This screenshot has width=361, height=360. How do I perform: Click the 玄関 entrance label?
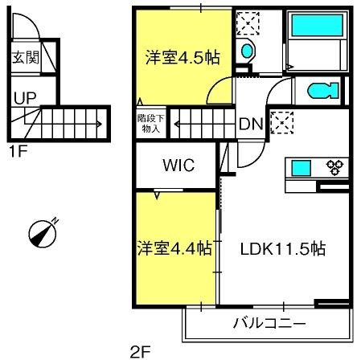26,57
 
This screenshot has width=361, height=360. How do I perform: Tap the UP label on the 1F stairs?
25,98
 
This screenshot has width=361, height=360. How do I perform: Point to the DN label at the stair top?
251,124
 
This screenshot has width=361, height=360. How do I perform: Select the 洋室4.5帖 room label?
183,57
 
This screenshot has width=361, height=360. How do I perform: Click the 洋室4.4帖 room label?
174,248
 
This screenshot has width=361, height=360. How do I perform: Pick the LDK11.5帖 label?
283,249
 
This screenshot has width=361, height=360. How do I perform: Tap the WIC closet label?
178,165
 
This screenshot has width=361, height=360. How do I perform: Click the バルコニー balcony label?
269,323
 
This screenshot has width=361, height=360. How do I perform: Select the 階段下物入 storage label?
151,123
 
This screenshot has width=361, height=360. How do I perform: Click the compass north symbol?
43,233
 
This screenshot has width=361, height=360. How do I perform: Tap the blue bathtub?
318,26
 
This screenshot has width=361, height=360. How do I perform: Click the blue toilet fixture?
323,91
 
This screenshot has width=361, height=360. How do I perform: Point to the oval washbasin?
247,51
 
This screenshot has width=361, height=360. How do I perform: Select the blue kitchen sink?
301,168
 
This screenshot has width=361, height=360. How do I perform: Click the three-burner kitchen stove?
334,167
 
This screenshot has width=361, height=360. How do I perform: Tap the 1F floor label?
18,152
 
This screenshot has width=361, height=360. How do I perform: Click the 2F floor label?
141,352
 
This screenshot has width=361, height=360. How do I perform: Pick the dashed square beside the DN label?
282,123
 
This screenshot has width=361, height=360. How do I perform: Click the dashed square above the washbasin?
248,23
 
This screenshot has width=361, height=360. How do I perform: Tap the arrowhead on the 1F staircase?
100,124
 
